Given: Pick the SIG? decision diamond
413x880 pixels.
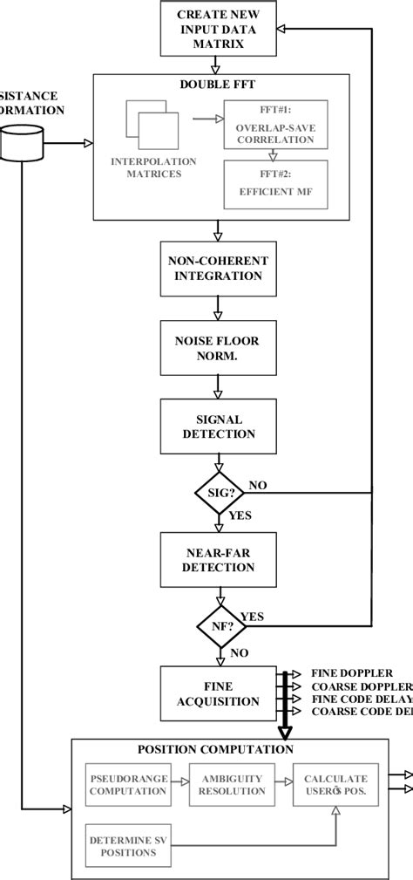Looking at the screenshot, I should pyautogui.click(x=216, y=495).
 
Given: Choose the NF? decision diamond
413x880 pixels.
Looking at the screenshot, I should pyautogui.click(x=216, y=625).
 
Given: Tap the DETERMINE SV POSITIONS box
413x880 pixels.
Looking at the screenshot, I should pyautogui.click(x=127, y=845).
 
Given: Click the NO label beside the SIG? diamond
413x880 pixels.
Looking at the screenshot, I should pyautogui.click(x=258, y=484).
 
